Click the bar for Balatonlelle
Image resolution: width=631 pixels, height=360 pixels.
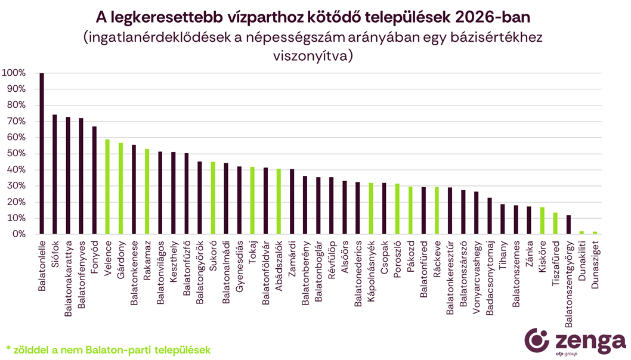tap(42, 154)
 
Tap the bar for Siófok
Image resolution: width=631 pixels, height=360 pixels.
tap(55, 174)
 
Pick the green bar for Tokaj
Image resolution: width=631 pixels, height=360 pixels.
tap(252, 200)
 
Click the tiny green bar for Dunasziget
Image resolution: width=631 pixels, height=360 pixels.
tap(595, 232)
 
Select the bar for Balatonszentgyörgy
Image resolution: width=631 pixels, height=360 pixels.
tap(568, 225)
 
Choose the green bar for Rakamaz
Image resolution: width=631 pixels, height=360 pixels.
tap(147, 191)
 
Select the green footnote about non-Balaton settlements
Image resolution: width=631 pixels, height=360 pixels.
tap(109, 349)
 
